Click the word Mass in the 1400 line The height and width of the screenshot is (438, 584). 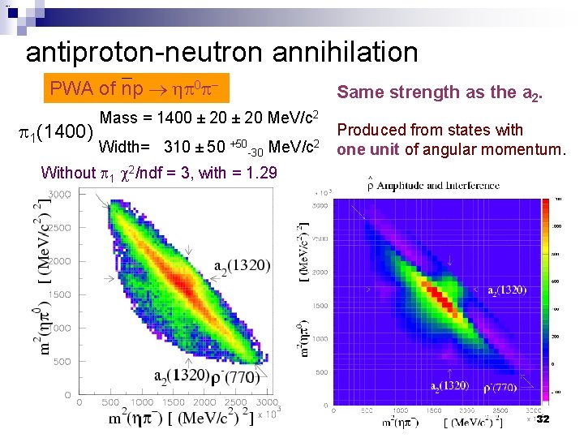pos(119,118)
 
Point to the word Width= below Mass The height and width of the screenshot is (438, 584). pos(124,148)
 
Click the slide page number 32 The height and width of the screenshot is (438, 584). pos(543,419)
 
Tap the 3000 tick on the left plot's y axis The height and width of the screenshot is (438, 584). pos(60,194)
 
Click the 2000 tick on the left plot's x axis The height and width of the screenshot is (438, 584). pos(204,402)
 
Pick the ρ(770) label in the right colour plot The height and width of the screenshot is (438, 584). pos(502,385)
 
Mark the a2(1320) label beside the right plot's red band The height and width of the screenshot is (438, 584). pos(506,290)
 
